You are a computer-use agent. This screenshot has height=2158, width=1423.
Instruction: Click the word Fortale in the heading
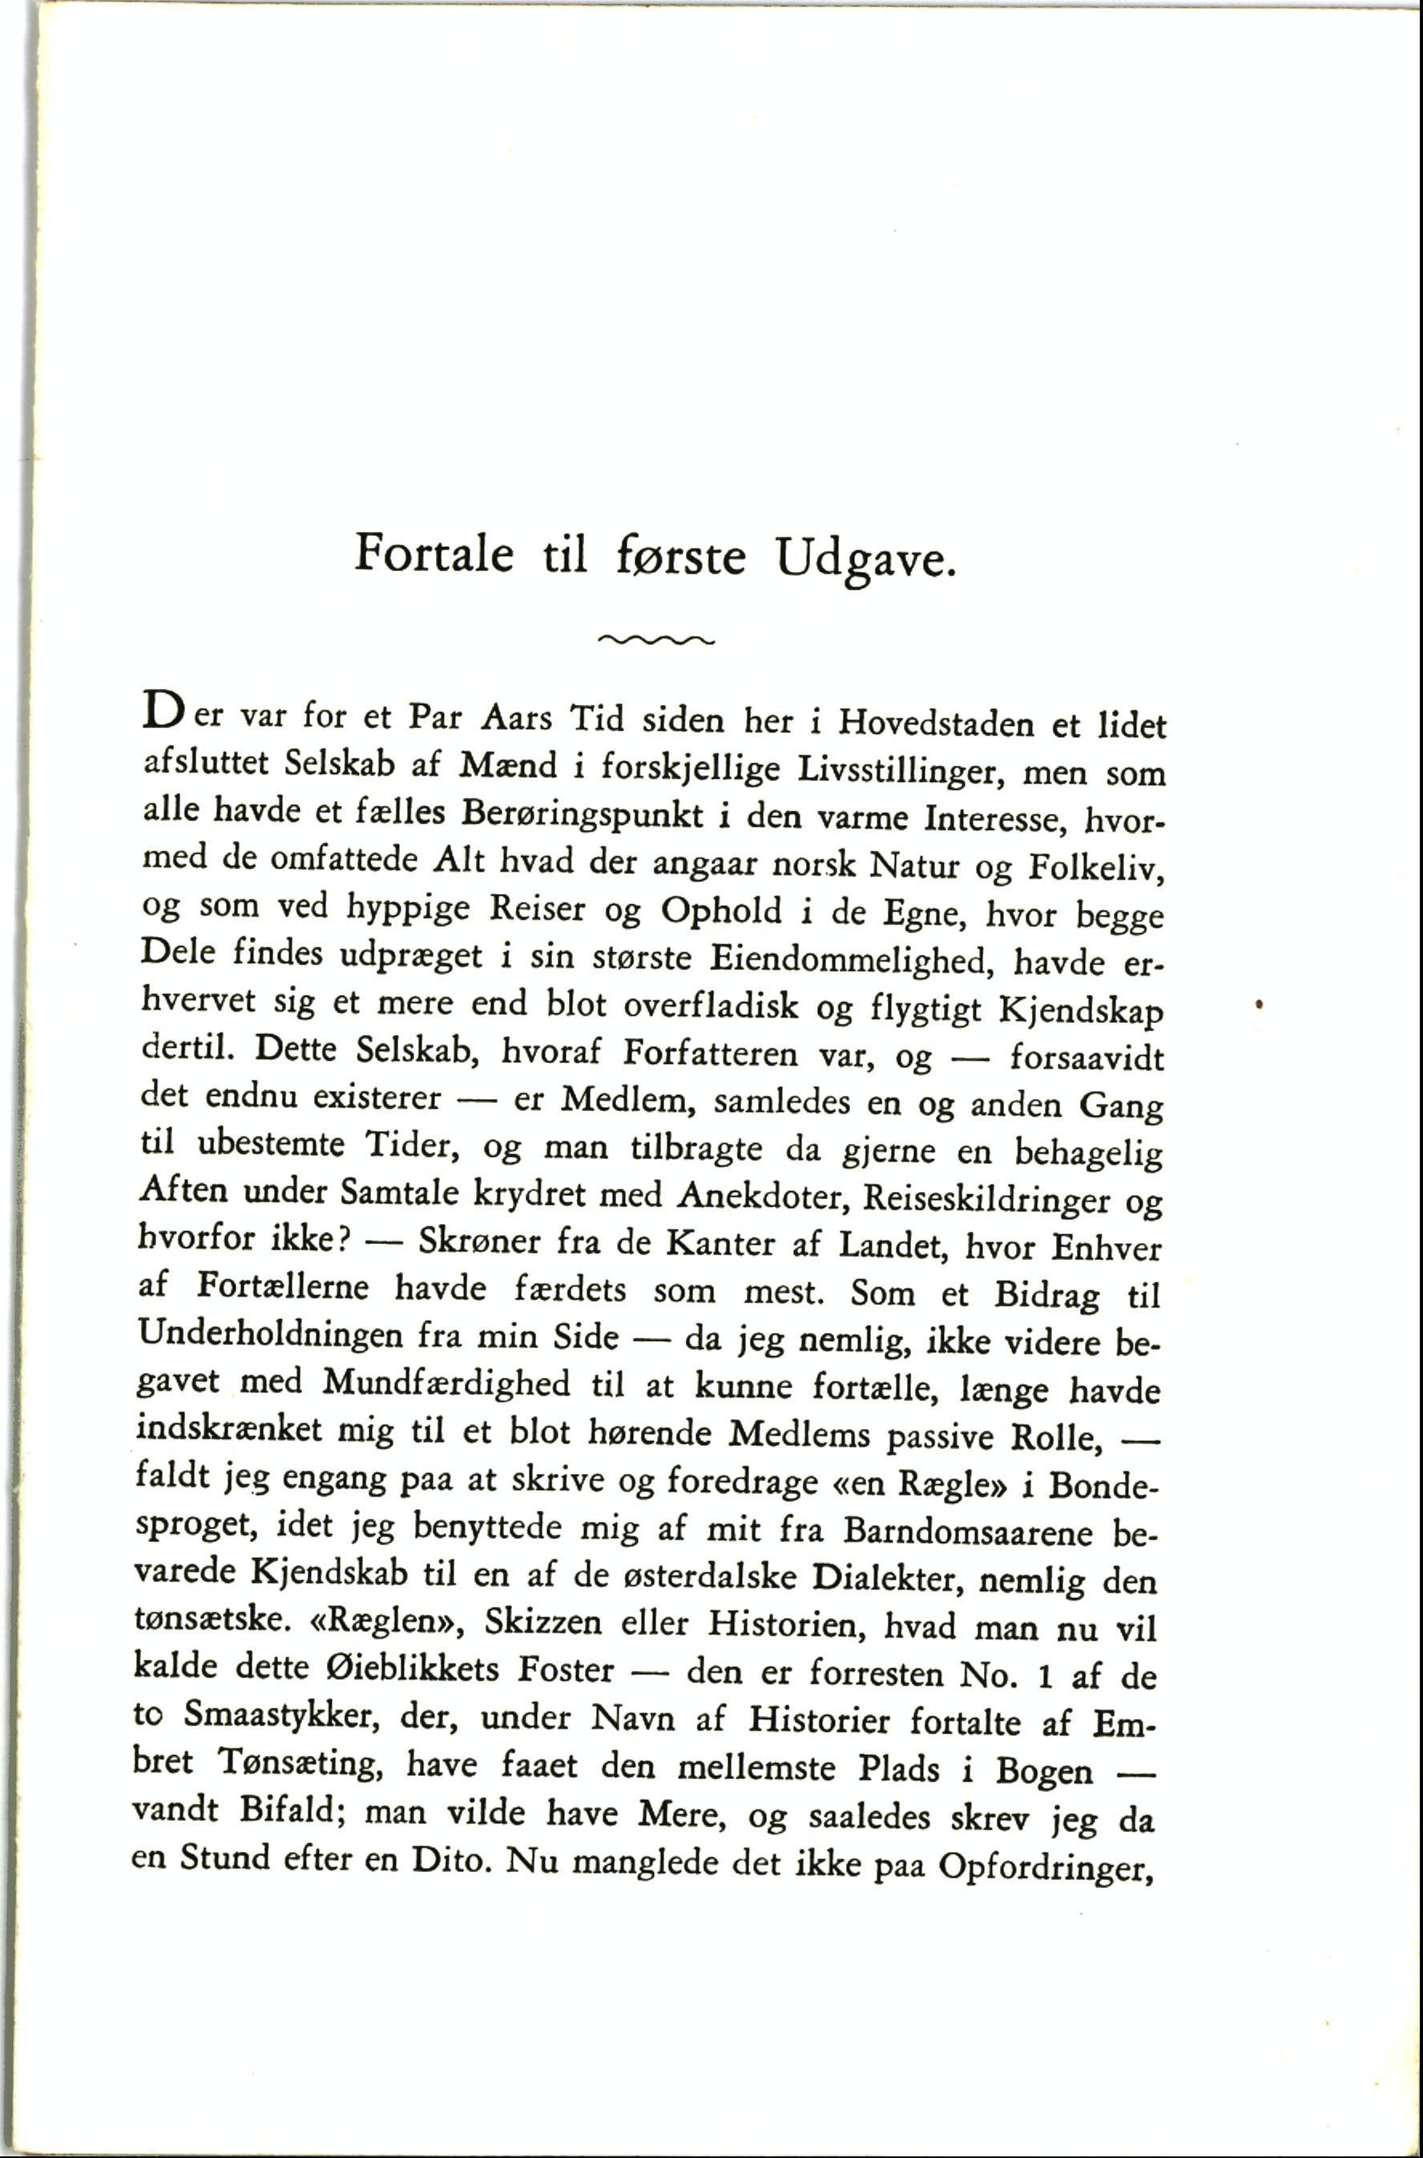click(433, 554)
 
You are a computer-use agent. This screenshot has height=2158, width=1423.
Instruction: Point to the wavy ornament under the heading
click(657, 640)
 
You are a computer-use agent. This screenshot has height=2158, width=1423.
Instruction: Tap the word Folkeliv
click(1095, 868)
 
